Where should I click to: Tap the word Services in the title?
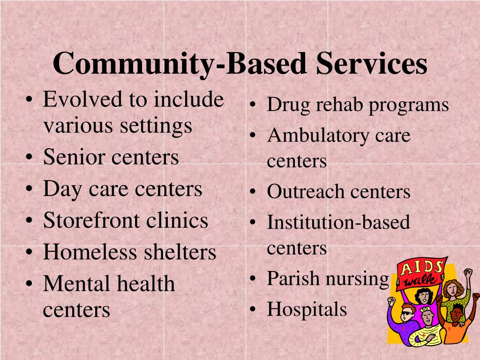coord(371,64)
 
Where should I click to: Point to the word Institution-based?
coord(338,222)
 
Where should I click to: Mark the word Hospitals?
coord(307,309)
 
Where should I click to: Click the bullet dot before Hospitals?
coord(252,309)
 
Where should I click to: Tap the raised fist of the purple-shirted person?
coord(392,300)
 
